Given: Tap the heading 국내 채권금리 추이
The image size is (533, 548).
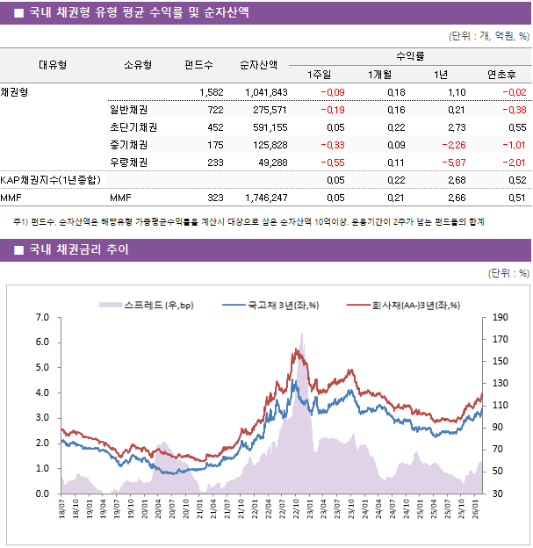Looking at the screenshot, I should [78, 250].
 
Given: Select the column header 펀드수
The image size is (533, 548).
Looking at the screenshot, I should [198, 64].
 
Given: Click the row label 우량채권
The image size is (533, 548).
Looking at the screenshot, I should [128, 162].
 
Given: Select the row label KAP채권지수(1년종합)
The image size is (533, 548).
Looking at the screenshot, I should [50, 180].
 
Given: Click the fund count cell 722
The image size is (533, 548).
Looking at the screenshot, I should [214, 110].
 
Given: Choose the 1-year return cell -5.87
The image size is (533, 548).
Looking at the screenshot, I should [453, 162].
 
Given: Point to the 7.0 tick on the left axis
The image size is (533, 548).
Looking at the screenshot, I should [42, 317].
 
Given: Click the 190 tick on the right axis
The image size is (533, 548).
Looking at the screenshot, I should [501, 317].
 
